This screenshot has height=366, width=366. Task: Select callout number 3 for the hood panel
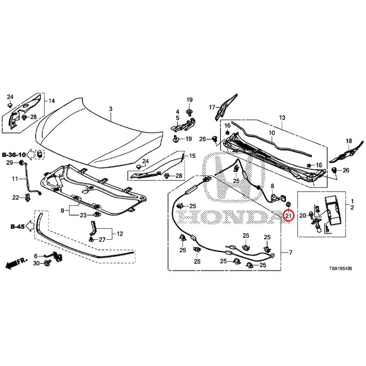pos(110,108)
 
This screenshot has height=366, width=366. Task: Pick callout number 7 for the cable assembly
pos(290,253)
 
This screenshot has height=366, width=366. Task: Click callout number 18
pos(349,141)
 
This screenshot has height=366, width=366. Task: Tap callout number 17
pos(212,108)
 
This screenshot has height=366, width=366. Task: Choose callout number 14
pos(52,101)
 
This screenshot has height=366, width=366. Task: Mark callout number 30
pos(36,264)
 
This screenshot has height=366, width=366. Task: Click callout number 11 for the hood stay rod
pos(14,178)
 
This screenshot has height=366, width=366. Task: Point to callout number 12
pos(120,234)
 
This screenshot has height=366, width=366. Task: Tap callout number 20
pos(302,215)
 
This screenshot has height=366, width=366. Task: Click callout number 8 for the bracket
pos(272,186)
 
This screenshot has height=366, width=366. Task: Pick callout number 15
pos(192,156)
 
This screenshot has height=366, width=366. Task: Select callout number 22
pos(16,198)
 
